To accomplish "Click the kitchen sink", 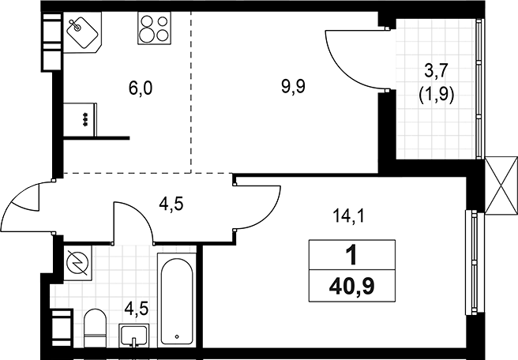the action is pos(82,32).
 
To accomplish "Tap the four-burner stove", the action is pos(154,28).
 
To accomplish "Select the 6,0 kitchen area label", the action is pos(141,88).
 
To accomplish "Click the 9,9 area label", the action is pos(294,87).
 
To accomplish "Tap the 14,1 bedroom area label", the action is pos(348,216).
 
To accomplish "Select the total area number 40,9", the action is pos(352,286).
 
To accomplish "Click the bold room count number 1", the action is pos(352,256).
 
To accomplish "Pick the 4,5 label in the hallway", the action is pos(171,204).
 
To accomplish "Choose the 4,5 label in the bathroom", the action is pos(137,309).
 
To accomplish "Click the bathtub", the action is pos(177,300).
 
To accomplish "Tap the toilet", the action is pos(95,328).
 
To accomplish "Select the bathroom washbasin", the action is pos(133,335).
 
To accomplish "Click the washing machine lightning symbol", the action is pos(77,263).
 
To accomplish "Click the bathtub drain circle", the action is pos(177,336).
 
